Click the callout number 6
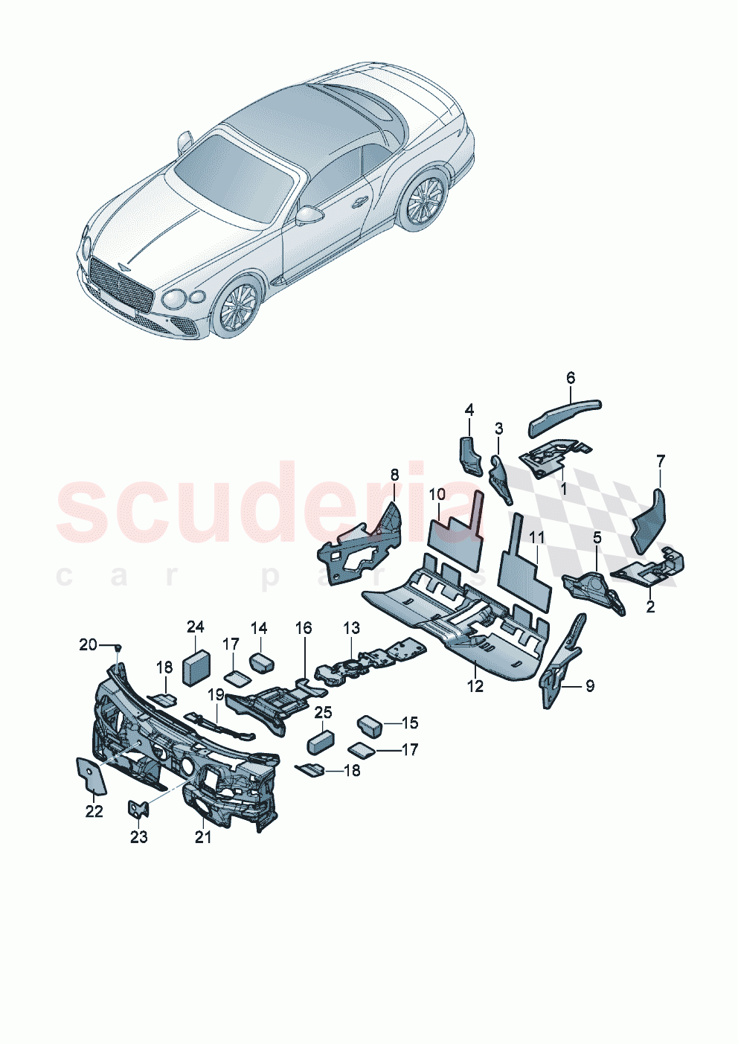tap(571, 378)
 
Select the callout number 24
tap(195, 627)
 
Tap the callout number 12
tap(475, 686)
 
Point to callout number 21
tap(203, 837)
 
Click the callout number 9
tap(589, 686)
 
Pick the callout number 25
tap(323, 713)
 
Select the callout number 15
tap(410, 723)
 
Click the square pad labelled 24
tap(196, 667)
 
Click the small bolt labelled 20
tap(118, 647)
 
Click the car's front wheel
tap(239, 307)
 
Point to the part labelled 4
tap(469, 454)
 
